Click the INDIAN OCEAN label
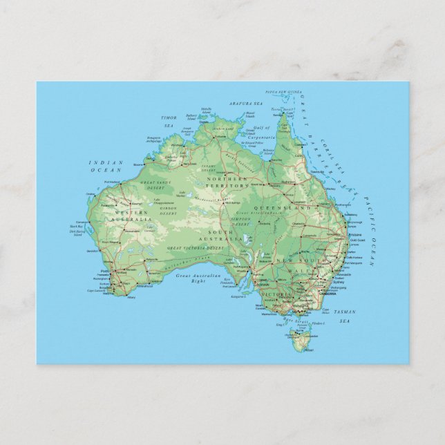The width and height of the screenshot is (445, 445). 106,167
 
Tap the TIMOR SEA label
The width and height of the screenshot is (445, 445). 169,122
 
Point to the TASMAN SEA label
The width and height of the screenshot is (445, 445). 343,316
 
